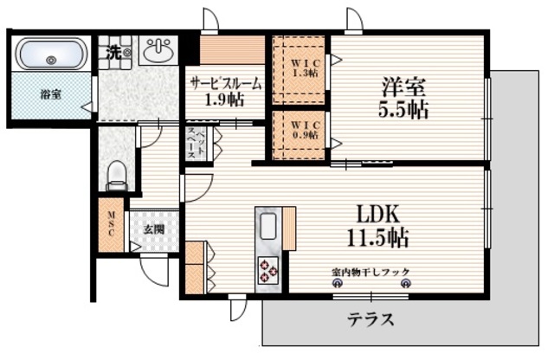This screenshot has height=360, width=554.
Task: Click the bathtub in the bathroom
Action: point(50,55)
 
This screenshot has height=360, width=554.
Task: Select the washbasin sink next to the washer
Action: point(158,52)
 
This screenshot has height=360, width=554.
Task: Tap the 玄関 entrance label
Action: point(154,230)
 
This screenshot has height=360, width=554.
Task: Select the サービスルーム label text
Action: point(227,84)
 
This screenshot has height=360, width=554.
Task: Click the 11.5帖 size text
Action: point(379,237)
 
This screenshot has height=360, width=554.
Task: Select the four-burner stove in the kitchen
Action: point(267,273)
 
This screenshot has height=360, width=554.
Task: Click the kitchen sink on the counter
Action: point(267,227)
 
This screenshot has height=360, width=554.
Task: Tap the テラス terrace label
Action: point(370,320)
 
